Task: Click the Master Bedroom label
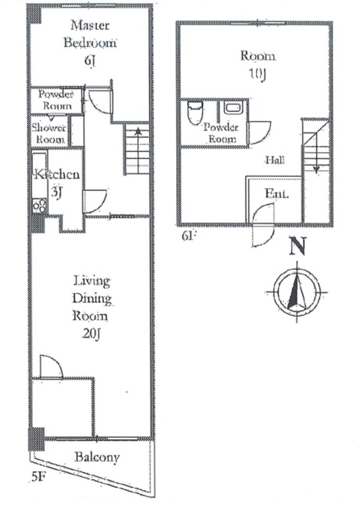pos(90,34)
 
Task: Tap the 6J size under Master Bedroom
pos(90,61)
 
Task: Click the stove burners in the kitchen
pos(40,205)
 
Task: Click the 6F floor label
pos(189,236)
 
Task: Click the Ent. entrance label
pos(276,194)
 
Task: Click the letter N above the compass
pos(297,246)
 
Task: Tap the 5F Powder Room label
pos(56,100)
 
